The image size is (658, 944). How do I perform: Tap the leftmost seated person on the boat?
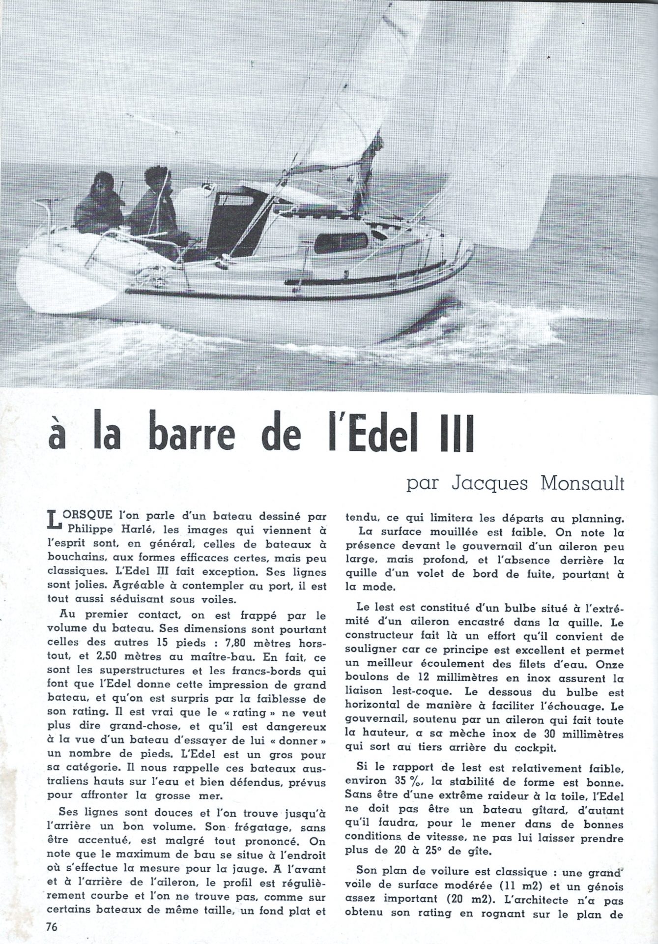click(x=101, y=200)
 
